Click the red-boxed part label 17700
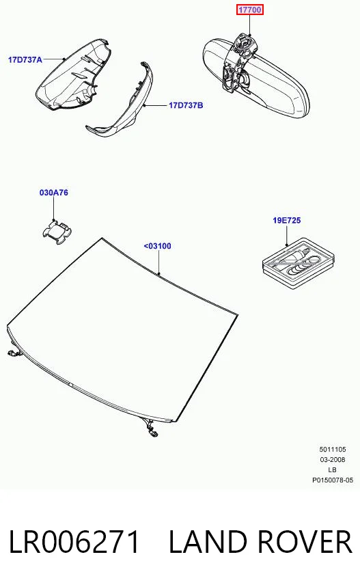249,10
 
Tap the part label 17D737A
25,59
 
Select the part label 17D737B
186,105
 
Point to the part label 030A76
54,193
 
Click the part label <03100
158,246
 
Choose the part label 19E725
287,220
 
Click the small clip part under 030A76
57,232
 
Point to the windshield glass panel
120,329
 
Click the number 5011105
333,449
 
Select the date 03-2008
333,459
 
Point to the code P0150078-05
333,480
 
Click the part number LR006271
74,542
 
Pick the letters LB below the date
332,470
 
